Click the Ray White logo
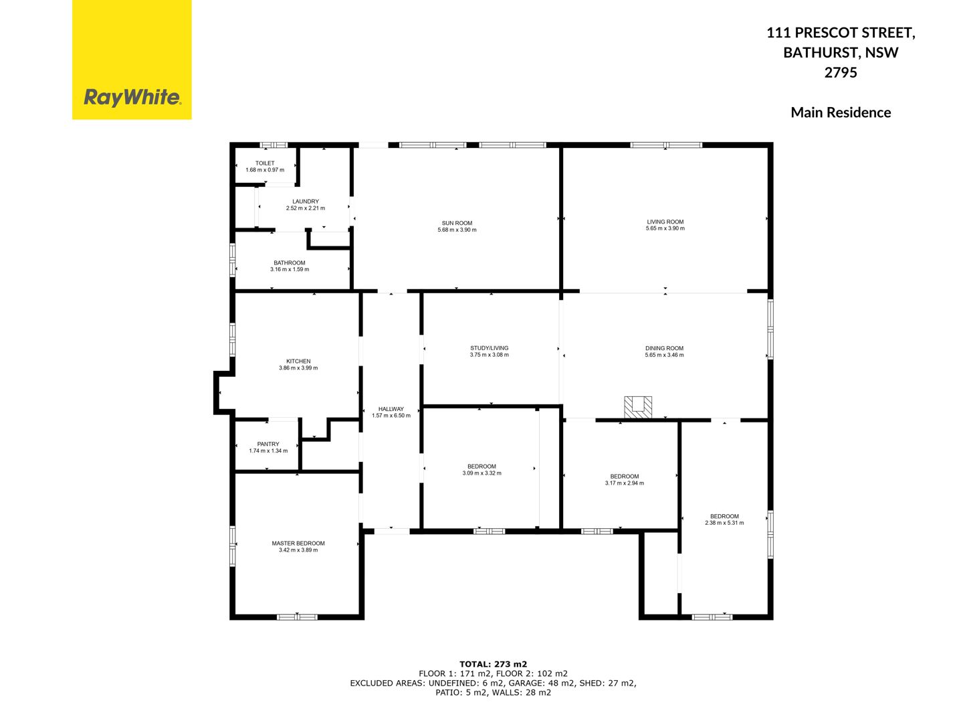click(x=132, y=60)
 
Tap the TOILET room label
click(x=265, y=163)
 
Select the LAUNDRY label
click(x=306, y=202)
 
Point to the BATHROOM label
click(x=289, y=263)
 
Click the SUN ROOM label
click(x=457, y=223)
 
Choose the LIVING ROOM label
click(x=665, y=222)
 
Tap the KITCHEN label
click(x=298, y=361)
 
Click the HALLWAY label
click(x=391, y=408)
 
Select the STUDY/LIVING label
click(x=489, y=348)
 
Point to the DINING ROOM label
click(x=664, y=348)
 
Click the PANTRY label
click(x=268, y=444)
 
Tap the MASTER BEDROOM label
click(x=298, y=543)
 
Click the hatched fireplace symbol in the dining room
click(x=638, y=408)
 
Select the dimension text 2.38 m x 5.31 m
click(x=724, y=523)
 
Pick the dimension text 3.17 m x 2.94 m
click(x=625, y=483)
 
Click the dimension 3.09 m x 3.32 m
click(x=481, y=473)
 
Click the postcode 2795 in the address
click(x=840, y=72)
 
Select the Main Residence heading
click(x=841, y=112)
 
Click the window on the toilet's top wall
click(x=274, y=145)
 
